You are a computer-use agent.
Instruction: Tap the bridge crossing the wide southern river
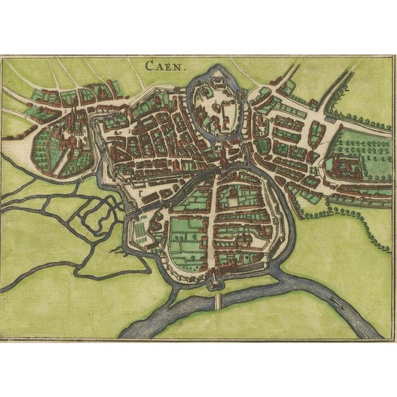[x=218, y=302]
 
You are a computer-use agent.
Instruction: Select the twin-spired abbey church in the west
[x=74, y=118]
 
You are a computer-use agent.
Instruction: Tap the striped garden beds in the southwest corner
[x=141, y=230]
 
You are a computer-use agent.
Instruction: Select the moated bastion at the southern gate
[x=214, y=282]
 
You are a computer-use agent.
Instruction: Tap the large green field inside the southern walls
[x=186, y=233]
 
